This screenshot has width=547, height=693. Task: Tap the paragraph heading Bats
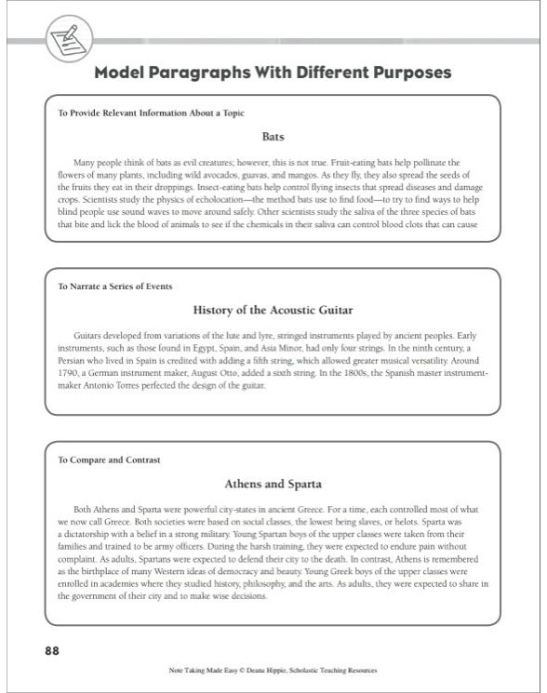click(273, 136)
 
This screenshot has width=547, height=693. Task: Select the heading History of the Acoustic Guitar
click(273, 309)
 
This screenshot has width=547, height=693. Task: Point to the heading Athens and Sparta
click(273, 484)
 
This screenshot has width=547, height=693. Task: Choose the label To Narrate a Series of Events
click(115, 286)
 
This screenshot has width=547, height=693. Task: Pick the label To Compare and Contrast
click(109, 460)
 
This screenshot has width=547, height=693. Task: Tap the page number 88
click(53, 650)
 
